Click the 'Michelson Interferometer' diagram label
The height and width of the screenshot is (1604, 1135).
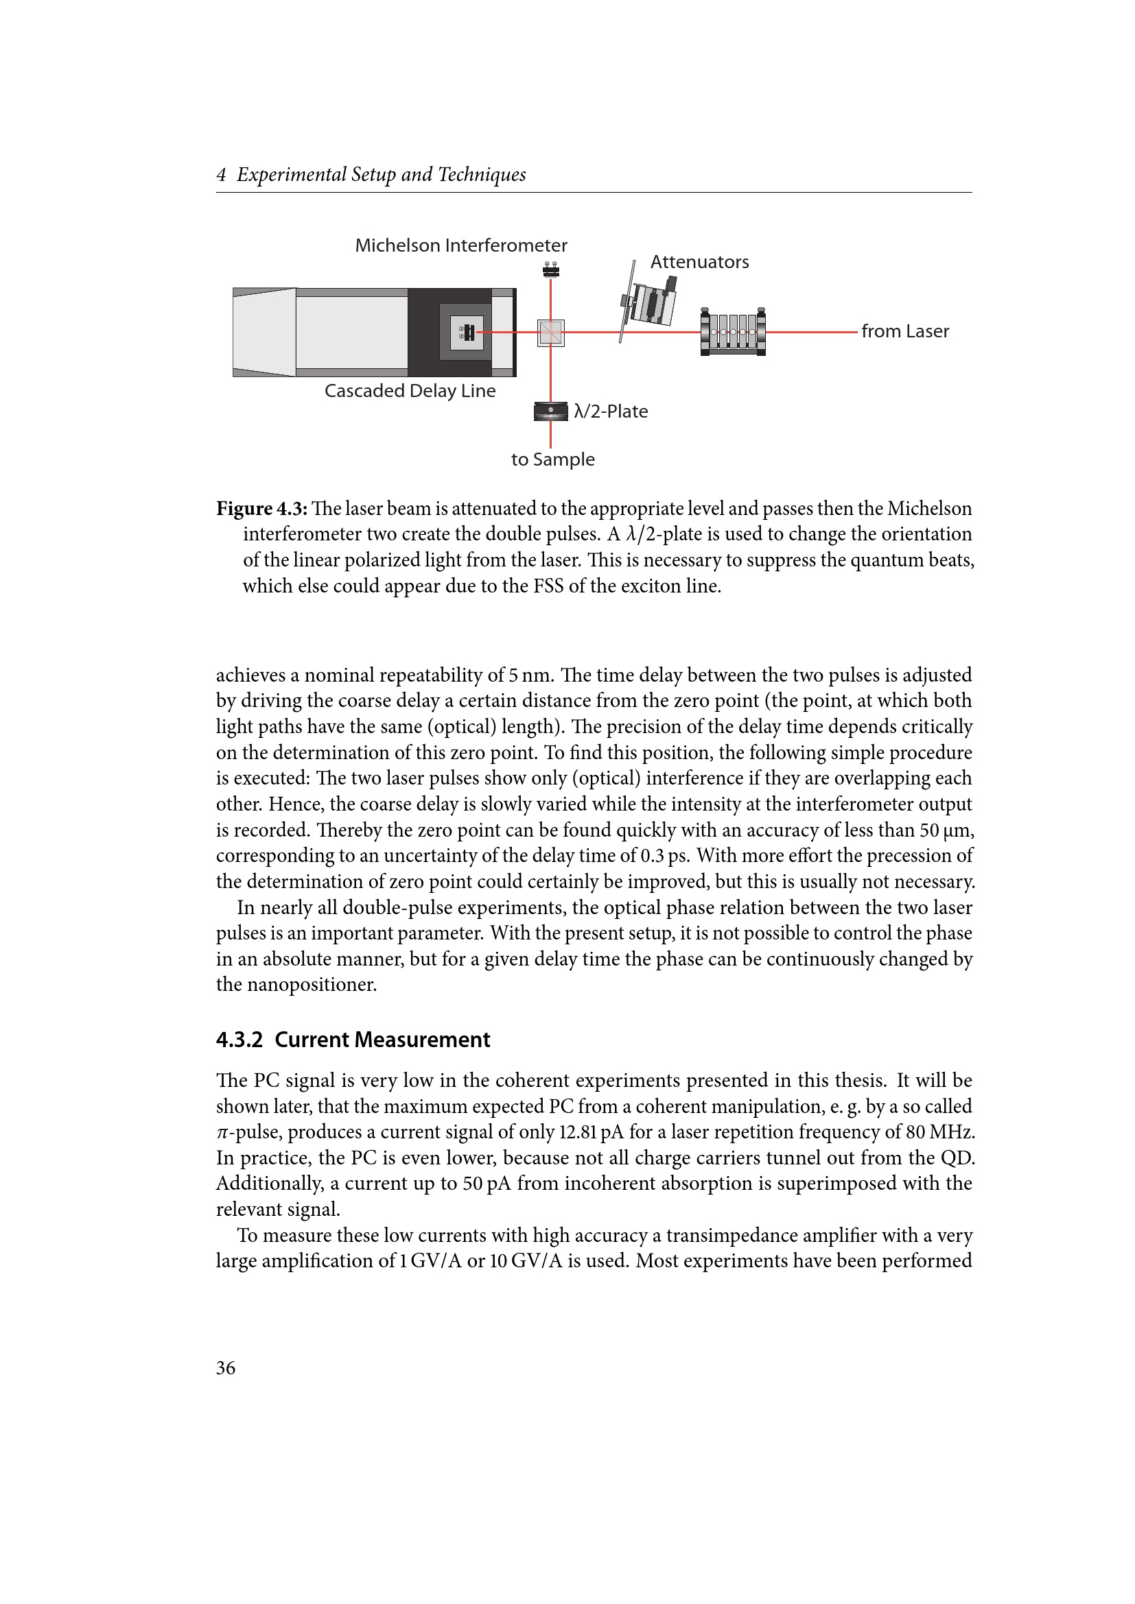coord(460,246)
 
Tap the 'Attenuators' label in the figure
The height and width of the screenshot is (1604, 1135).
coord(699,262)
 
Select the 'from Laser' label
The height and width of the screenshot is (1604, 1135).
coord(904,331)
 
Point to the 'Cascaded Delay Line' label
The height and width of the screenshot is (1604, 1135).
coord(410,390)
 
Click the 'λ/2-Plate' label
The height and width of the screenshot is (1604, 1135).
coord(610,411)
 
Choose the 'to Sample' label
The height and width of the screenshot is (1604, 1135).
coord(553,459)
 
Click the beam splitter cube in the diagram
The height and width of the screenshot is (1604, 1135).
coord(551,333)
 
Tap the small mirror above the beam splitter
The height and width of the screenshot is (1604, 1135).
coord(551,270)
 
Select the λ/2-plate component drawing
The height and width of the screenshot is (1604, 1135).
coord(551,411)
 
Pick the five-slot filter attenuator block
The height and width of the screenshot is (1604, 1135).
coord(732,332)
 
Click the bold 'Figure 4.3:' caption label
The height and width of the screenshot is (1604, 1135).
coord(262,509)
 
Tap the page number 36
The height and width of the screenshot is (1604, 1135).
coord(226,1368)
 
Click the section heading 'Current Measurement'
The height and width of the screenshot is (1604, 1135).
coord(382,1040)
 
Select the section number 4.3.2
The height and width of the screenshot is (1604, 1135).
coord(239,1040)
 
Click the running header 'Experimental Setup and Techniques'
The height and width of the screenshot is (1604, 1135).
coord(381,175)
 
